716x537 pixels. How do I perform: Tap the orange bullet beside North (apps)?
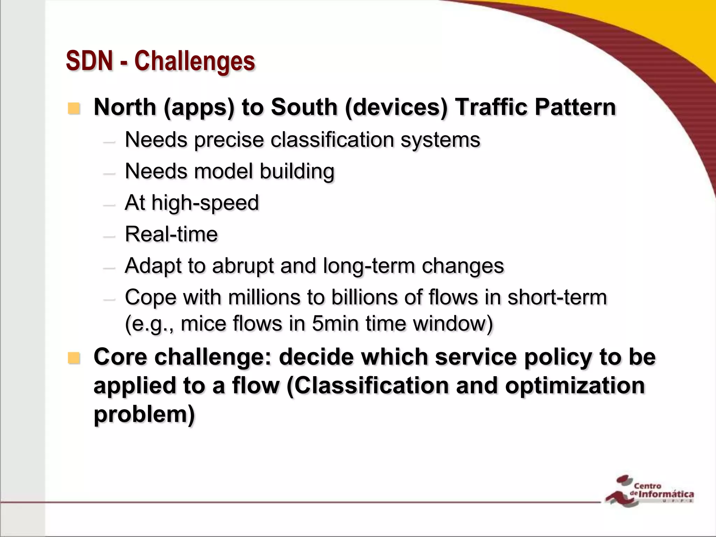pos(74,108)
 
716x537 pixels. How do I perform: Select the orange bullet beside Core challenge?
pos(74,358)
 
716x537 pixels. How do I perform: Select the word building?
pos(297,172)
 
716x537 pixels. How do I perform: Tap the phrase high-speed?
pos(205,203)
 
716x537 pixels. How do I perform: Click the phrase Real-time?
pos(171,234)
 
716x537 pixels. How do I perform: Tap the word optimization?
pos(575,386)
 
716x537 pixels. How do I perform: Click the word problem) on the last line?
pos(144,415)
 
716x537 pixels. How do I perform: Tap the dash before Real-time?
pos(109,236)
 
